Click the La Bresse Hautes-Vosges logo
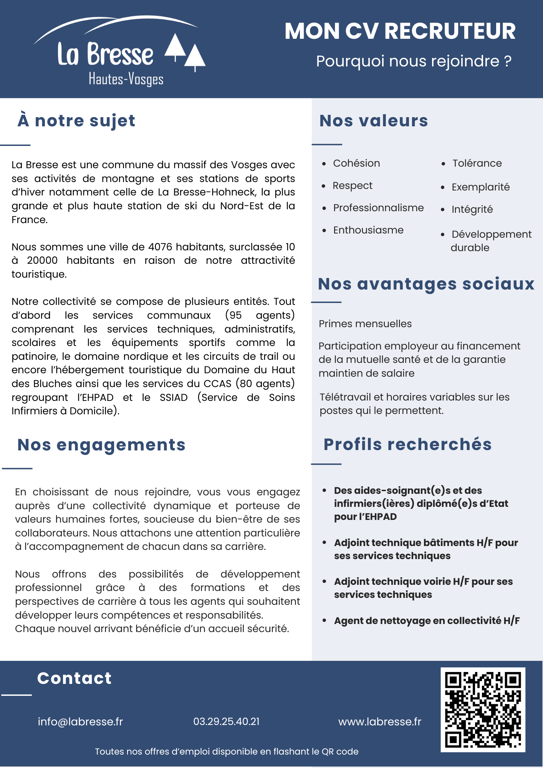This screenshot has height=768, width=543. tap(119, 52)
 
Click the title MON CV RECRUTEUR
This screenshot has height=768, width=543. tap(400, 31)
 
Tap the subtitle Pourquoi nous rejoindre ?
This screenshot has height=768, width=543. tap(414, 61)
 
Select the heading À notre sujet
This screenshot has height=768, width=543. tap(76, 121)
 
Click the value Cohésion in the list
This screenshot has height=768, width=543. tap(356, 164)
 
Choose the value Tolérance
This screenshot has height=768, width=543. tap(477, 164)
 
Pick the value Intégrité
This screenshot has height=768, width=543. tap(472, 210)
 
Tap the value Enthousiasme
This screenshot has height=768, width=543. tap(368, 230)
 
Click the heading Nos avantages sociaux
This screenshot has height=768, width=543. tap(426, 284)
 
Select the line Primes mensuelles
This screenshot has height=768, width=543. tap(365, 324)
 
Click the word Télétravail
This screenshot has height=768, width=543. tap(345, 397)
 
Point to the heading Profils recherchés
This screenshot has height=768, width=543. tap(407, 444)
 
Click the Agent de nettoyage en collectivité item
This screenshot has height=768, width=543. tap(427, 621)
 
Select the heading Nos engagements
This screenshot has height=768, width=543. tap(101, 445)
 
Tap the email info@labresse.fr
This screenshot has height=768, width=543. tap(80, 722)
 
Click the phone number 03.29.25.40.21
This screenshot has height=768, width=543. tap(226, 722)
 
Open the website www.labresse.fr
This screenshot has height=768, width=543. tap(379, 722)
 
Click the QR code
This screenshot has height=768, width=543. tap(483, 710)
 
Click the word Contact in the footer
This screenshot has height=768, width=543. tap(74, 679)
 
